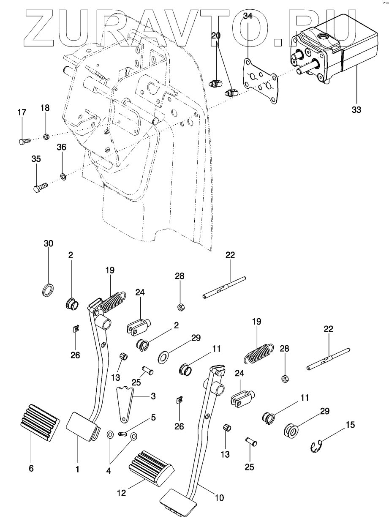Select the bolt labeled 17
[x=24, y=142]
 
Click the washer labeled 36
[x=63, y=175]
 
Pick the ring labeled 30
[x=48, y=291]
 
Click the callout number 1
[x=78, y=468]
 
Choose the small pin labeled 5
[x=123, y=432]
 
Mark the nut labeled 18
[x=47, y=137]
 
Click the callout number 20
[x=215, y=37]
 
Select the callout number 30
[x=48, y=244]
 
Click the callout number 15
[x=351, y=424]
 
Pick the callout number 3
[x=153, y=396]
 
